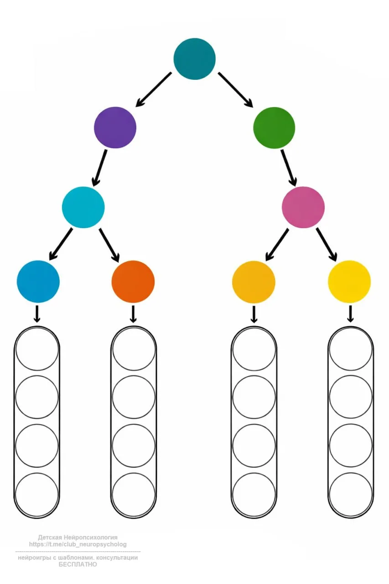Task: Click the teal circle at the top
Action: coord(194,59)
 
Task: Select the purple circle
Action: coord(115,127)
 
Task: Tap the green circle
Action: coord(274,127)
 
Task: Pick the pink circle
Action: coord(303,207)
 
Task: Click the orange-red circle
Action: coord(133,282)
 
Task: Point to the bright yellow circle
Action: coord(349,282)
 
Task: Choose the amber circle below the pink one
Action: coord(254,282)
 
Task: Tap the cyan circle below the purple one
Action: coord(83,207)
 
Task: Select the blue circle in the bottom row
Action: coord(38,282)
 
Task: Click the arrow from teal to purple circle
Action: coord(154,89)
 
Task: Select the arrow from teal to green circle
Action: coord(235,89)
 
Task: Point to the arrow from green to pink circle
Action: coord(289,167)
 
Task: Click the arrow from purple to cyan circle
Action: coord(99,167)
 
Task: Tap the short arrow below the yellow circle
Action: coord(350,314)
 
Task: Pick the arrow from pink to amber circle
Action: coord(277,244)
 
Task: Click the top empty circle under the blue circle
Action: coord(37,349)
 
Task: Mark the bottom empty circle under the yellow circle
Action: coord(351,495)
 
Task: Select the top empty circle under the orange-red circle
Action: coord(134,349)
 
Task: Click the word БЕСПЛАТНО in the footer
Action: coord(78,564)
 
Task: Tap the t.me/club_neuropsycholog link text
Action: coord(78,544)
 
